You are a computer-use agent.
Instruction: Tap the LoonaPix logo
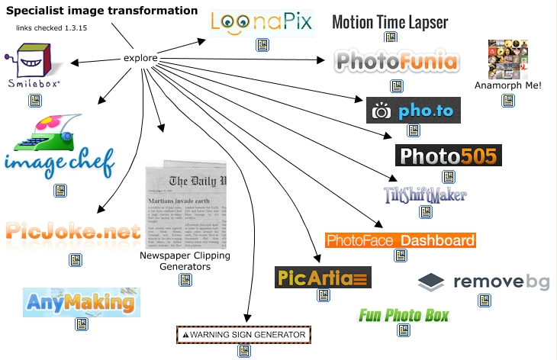point(262,22)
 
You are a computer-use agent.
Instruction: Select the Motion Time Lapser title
point(390,21)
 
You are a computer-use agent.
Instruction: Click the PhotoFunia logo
point(396,61)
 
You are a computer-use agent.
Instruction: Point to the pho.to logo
point(413,111)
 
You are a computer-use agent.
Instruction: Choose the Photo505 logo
point(448,156)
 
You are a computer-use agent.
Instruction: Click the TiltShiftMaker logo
point(425,193)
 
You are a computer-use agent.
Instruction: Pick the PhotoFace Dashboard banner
point(400,240)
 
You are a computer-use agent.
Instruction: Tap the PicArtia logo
point(323,276)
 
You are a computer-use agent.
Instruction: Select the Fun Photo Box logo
point(404,314)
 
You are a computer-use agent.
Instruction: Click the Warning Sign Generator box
point(243,334)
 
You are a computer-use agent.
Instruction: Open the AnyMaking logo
point(82,302)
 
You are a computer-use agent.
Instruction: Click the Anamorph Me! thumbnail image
point(508,59)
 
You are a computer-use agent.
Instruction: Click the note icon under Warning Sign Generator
point(244,351)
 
